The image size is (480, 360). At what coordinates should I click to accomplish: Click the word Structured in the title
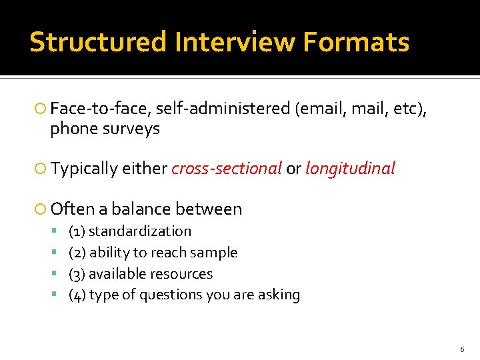click(98, 43)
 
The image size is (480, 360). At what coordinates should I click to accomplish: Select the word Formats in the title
click(356, 43)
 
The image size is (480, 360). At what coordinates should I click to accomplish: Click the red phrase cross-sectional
click(227, 169)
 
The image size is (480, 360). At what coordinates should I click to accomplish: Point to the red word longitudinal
click(351, 169)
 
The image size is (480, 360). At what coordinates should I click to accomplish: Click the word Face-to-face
click(99, 108)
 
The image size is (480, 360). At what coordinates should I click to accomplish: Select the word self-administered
click(223, 108)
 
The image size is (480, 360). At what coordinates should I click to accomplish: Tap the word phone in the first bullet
click(73, 129)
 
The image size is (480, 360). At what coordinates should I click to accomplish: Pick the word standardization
click(140, 231)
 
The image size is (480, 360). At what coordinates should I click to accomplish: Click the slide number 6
click(462, 350)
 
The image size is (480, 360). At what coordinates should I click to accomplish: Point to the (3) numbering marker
click(77, 274)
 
